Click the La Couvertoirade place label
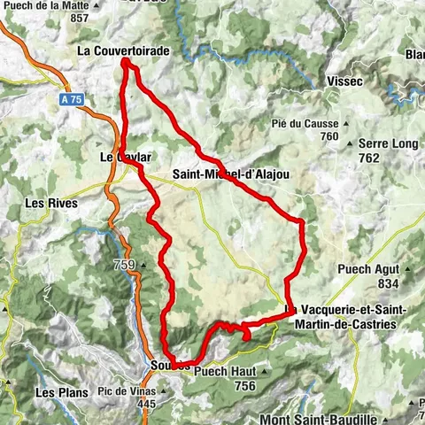[123, 51]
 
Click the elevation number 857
[80, 18]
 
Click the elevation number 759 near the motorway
[124, 266]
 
